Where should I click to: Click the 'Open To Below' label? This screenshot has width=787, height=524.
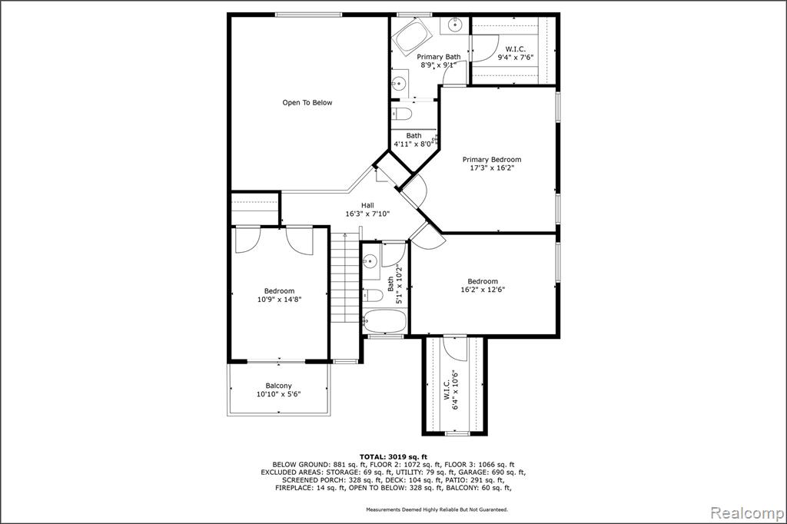(307, 103)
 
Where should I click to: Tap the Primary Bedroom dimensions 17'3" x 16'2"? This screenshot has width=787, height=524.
(492, 168)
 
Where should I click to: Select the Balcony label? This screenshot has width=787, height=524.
(278, 386)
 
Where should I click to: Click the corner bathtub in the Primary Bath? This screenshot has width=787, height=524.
(413, 36)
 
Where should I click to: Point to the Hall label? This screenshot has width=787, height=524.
(367, 205)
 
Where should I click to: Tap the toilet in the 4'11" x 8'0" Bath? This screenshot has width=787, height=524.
(402, 114)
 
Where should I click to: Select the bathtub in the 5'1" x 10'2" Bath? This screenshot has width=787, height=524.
(384, 320)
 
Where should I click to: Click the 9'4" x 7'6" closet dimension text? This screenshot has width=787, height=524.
(515, 57)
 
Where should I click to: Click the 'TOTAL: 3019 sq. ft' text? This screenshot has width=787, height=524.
(393, 456)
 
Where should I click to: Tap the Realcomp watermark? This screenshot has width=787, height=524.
(747, 513)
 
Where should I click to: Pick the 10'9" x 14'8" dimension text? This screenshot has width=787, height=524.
(279, 300)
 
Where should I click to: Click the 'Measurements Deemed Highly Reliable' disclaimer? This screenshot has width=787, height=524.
(437, 509)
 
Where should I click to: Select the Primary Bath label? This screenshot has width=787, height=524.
(439, 57)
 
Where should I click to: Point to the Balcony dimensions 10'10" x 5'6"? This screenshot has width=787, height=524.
(278, 394)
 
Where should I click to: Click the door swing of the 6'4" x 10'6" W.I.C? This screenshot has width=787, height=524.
(458, 349)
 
